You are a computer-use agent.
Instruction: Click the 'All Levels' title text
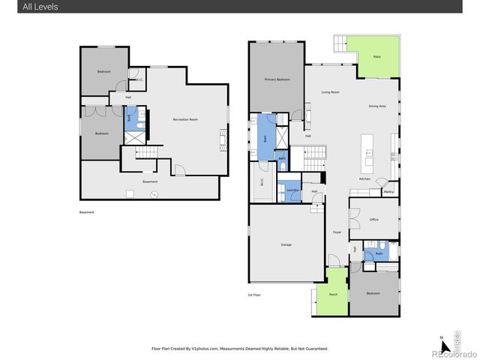coord(20,7)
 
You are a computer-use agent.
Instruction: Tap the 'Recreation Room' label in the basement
coord(184,119)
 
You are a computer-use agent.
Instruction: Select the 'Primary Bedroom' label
coord(277,79)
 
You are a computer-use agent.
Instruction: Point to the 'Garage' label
coord(286,244)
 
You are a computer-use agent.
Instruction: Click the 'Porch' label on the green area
coord(332,294)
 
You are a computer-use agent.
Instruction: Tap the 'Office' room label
coord(373,220)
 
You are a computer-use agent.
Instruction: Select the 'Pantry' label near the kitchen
coord(388,192)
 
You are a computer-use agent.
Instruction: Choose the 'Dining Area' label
coord(377,106)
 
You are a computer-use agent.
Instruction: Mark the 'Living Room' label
coord(331,92)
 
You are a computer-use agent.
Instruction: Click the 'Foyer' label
coord(337,232)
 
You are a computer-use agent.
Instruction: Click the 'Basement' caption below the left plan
coord(88,212)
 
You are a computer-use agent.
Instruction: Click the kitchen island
coord(367,151)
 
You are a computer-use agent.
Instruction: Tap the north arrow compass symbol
coord(445,346)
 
